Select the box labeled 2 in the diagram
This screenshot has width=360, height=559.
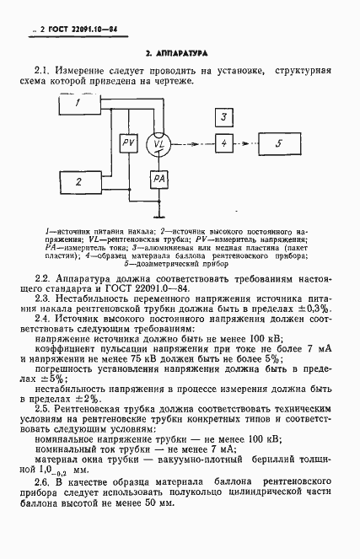(x=78, y=180)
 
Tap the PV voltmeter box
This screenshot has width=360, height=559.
(x=129, y=145)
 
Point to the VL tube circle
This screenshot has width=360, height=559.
(x=158, y=145)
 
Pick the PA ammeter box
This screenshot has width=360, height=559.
(x=159, y=179)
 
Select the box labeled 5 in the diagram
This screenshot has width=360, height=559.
(x=280, y=144)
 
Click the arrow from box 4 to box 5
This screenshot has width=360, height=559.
(x=244, y=144)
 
